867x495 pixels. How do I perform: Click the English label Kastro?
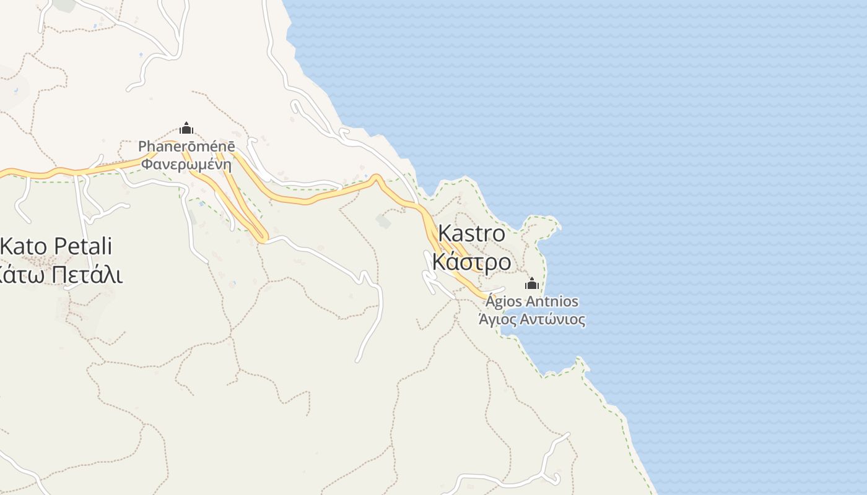click(471, 234)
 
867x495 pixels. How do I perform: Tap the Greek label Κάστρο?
click(471, 262)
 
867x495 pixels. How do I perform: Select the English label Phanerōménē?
click(186, 147)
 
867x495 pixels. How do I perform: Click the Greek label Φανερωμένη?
click(186, 165)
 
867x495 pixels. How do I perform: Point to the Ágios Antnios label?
click(532, 302)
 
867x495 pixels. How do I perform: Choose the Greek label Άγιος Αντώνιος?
click(532, 320)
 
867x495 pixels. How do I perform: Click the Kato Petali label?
click(56, 246)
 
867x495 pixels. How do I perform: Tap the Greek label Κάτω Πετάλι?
click(61, 274)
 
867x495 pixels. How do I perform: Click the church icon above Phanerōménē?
click(186, 129)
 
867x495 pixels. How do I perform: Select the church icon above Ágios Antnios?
click(531, 284)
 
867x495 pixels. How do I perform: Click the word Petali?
click(83, 246)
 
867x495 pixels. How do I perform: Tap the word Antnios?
click(552, 302)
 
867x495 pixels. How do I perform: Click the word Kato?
click(24, 246)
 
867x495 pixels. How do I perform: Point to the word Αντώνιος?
click(552, 320)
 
